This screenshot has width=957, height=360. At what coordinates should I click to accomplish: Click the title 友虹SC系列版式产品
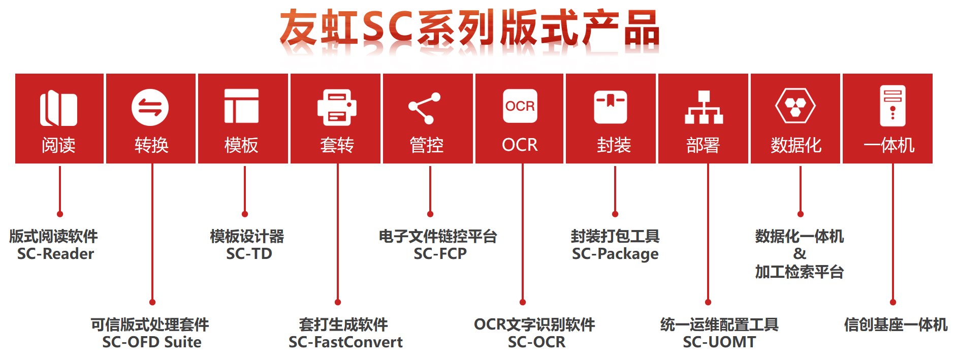click(x=469, y=28)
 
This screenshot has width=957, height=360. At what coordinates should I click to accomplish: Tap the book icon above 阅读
click(x=58, y=108)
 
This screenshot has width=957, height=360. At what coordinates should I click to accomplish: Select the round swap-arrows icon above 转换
click(x=150, y=107)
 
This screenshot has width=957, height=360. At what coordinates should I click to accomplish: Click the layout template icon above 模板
click(x=241, y=106)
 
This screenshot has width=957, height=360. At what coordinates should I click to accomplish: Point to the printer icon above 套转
click(x=336, y=107)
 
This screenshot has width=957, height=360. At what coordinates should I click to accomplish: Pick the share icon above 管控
click(x=424, y=108)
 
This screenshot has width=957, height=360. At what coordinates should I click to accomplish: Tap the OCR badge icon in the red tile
click(x=520, y=106)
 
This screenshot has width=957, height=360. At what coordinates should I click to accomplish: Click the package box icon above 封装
click(x=611, y=107)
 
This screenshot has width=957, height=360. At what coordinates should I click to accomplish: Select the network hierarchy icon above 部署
click(x=704, y=108)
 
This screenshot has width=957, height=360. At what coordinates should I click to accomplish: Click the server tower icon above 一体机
click(x=892, y=106)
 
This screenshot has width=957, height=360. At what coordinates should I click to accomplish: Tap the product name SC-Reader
click(x=55, y=254)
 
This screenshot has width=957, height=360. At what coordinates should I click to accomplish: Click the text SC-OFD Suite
click(x=151, y=342)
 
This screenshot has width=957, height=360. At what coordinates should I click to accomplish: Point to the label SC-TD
click(x=249, y=254)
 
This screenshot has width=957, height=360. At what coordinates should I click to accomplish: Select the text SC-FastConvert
click(x=345, y=342)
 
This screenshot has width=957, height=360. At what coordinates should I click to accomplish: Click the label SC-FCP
click(x=440, y=254)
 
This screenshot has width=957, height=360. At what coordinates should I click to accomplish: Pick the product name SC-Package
click(x=615, y=254)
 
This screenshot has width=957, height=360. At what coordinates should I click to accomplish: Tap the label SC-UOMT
click(x=719, y=342)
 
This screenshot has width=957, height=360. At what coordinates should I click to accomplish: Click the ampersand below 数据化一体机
click(x=799, y=253)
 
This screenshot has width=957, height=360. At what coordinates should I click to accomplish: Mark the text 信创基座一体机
click(x=895, y=324)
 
